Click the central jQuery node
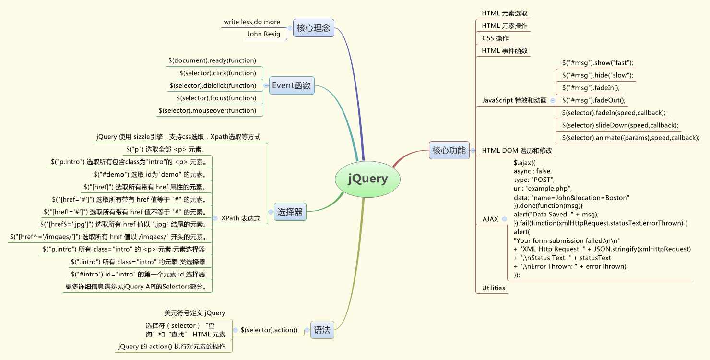coord(367,179)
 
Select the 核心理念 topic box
coord(313,28)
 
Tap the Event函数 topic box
coord(292,85)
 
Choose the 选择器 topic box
coord(290,212)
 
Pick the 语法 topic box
coord(322,330)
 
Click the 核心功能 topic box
coord(449,150)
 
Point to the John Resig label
coord(263,34)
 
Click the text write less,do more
coord(251,22)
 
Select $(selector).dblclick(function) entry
coord(213,85)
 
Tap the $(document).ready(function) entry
coord(212,60)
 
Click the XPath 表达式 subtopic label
coord(241,218)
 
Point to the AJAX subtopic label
coord(490,219)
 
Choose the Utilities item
coord(493,288)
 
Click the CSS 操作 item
coord(495,38)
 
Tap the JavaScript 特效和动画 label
coord(514,100)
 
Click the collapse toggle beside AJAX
coord(504,219)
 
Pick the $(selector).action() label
coord(269,330)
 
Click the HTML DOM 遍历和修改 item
coord(517,150)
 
